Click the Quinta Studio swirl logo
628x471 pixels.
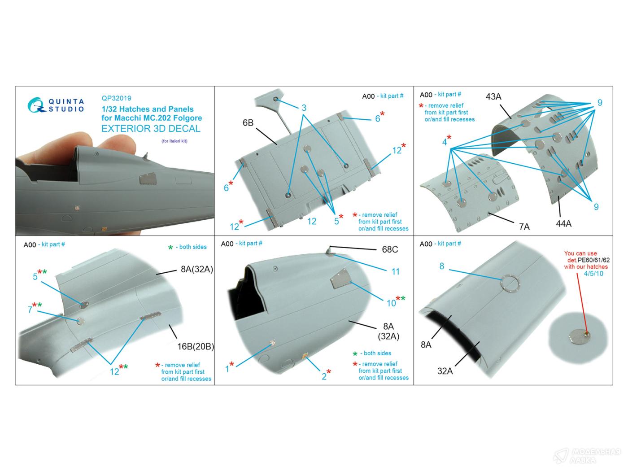pos(36,105)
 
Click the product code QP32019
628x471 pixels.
pos(116,98)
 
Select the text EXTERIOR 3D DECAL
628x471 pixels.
pos(151,129)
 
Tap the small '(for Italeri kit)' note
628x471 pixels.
pos(174,141)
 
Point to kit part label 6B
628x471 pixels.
pos(248,122)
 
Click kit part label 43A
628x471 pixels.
pos(493,96)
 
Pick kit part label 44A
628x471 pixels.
pos(563,224)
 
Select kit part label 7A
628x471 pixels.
pos(524,227)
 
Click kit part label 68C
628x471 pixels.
pos(390,250)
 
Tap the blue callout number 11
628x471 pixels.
pos(395,272)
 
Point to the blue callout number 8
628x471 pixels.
pos(442,266)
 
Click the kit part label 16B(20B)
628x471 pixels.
pos(196,347)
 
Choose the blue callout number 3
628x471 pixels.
pos(304,108)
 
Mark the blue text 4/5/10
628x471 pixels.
pos(593,274)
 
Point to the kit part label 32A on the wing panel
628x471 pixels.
pos(445,371)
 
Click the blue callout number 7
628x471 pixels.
pos(30,310)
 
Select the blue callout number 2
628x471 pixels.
pos(324,377)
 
